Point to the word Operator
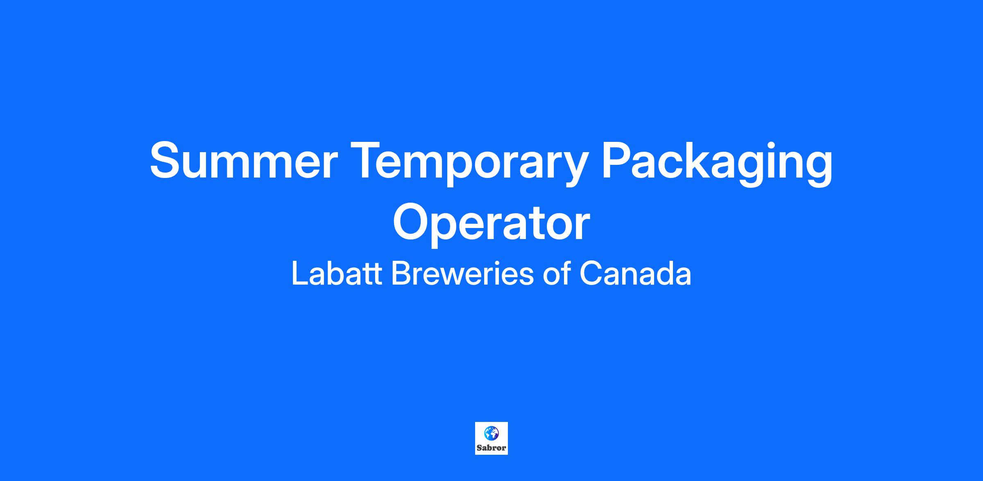click(x=491, y=224)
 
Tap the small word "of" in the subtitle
click(x=557, y=274)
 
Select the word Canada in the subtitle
click(x=635, y=274)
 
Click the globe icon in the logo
click(x=491, y=433)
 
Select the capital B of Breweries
click(x=401, y=274)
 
